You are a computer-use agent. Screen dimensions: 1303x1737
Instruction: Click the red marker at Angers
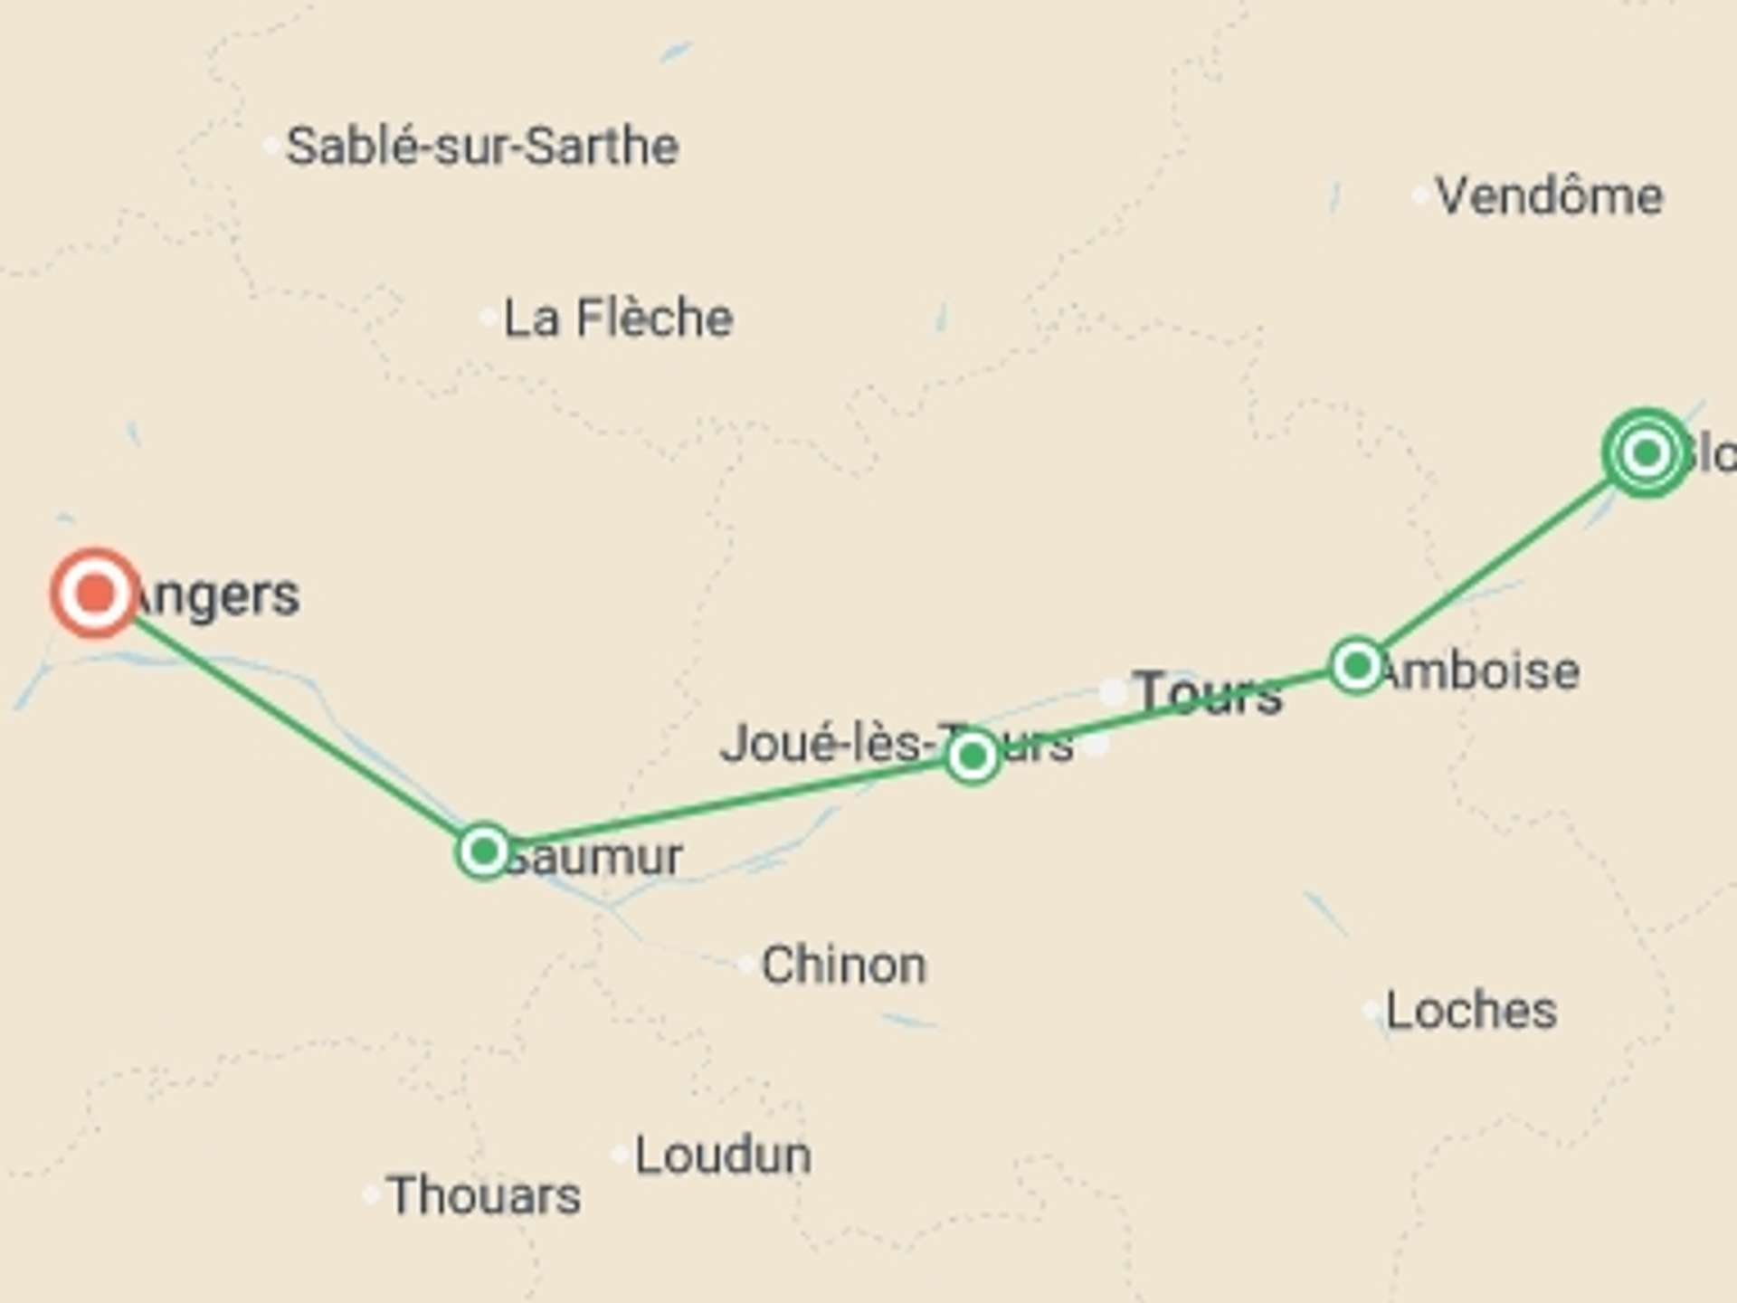[95, 594]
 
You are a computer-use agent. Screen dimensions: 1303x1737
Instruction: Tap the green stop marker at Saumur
[484, 851]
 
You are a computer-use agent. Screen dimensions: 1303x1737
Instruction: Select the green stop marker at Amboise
[1356, 666]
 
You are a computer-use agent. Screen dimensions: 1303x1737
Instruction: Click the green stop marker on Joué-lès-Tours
[973, 756]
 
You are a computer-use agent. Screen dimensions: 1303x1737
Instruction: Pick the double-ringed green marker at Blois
[1646, 452]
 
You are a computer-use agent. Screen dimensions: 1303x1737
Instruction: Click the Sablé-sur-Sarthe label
[482, 147]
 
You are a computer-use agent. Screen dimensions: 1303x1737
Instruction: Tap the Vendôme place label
[1549, 196]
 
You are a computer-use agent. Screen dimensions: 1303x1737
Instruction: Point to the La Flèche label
[618, 319]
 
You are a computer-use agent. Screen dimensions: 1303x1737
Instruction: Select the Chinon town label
[843, 965]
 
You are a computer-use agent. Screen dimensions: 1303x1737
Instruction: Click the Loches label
[1471, 1011]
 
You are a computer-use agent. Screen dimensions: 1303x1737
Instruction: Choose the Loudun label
[723, 1156]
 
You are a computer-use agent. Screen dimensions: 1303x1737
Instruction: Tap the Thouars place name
[483, 1195]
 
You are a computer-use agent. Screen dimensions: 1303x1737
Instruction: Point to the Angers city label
[217, 595]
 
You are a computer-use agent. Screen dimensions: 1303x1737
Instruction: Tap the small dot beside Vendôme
[1420, 195]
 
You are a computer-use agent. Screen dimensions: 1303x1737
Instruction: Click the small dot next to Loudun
[620, 1155]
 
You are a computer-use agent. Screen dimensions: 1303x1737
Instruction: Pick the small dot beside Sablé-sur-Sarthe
[271, 146]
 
